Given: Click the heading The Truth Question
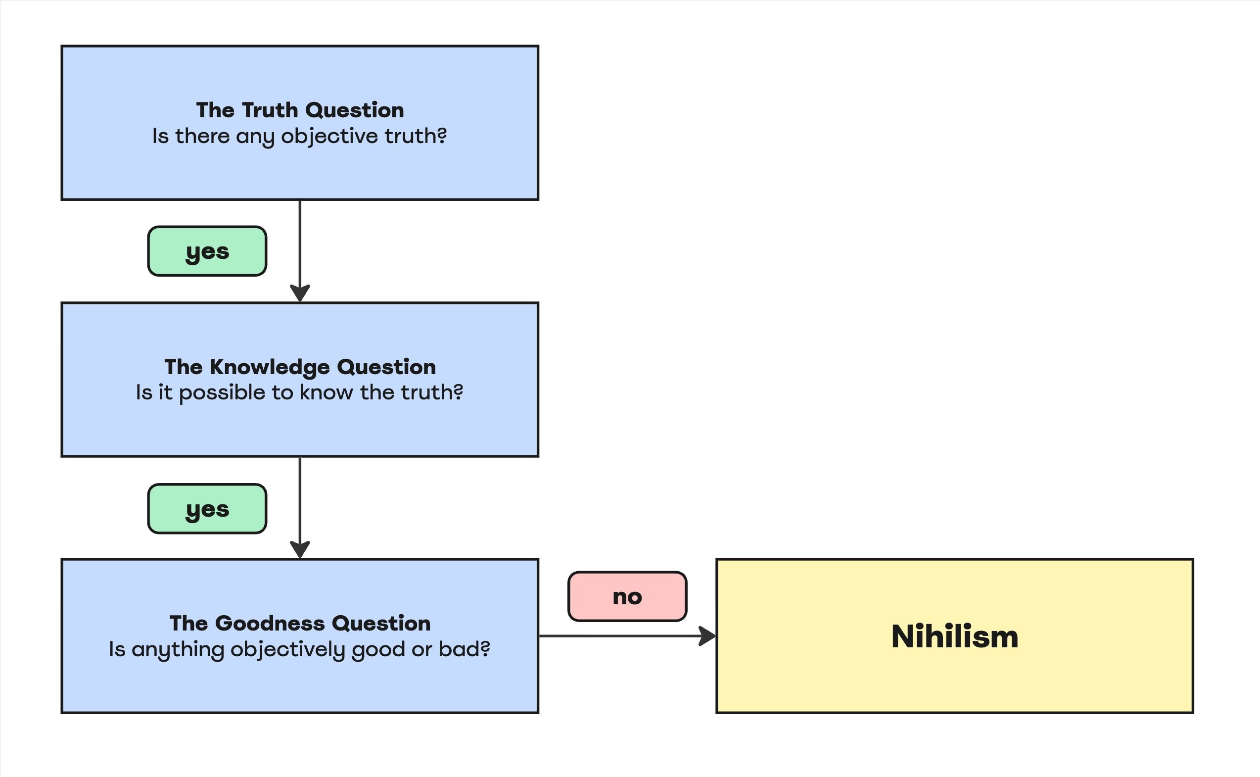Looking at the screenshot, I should click(300, 110).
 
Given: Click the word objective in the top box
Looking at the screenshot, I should click(329, 136).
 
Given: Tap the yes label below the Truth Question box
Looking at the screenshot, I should click(207, 251).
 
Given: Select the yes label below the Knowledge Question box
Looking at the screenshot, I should click(207, 509).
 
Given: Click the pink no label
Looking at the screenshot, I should click(627, 597).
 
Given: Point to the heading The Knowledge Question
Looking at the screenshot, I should click(300, 367).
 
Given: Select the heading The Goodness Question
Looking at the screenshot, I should click(300, 624).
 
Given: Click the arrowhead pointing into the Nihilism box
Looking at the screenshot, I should click(708, 636).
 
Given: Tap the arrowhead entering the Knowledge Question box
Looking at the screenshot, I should click(300, 293).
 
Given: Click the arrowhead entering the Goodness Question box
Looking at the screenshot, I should click(300, 550).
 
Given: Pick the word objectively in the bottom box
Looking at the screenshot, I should click(287, 649).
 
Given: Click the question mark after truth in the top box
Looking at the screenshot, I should click(442, 136).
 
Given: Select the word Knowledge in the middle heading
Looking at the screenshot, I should click(270, 367).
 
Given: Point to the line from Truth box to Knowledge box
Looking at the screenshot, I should click(300, 242).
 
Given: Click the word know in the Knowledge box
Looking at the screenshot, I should click(326, 392).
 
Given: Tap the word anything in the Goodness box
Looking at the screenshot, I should click(178, 649).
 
